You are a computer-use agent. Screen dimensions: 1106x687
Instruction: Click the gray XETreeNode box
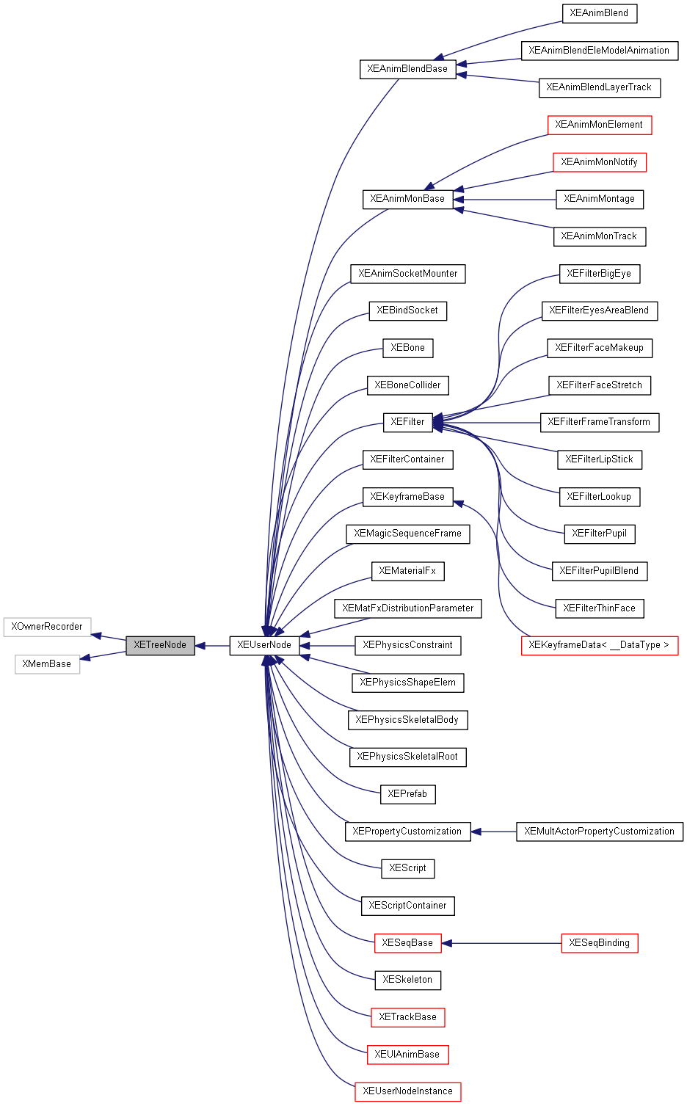pos(160,645)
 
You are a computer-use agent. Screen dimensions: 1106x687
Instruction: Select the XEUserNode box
pos(264,645)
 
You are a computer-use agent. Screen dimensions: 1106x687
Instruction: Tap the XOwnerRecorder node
pos(47,627)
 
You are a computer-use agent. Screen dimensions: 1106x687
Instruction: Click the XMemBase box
pos(47,664)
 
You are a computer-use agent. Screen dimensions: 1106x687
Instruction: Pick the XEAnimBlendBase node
pos(407,69)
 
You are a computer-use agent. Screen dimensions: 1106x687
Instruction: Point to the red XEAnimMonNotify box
pos(599,162)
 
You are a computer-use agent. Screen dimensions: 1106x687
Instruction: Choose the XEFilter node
pos(407,422)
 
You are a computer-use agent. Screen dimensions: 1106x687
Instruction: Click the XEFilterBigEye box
pos(599,274)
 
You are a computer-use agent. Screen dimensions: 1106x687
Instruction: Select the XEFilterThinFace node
pos(599,608)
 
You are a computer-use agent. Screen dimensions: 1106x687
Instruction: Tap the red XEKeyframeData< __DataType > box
pos(599,645)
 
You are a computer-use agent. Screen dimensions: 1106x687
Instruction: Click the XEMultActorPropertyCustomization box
pos(599,832)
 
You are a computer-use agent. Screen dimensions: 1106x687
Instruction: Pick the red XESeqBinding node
pos(599,943)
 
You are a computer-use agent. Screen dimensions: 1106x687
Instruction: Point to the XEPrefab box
pos(407,794)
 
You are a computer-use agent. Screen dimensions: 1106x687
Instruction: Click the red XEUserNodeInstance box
pos(407,1091)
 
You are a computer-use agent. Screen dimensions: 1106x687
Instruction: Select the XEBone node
pos(407,348)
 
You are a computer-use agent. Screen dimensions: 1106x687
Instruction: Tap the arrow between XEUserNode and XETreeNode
pos(212,646)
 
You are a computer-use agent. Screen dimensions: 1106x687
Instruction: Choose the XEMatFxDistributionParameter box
pos(407,608)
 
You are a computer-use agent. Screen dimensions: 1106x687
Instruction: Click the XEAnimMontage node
pos(599,199)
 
